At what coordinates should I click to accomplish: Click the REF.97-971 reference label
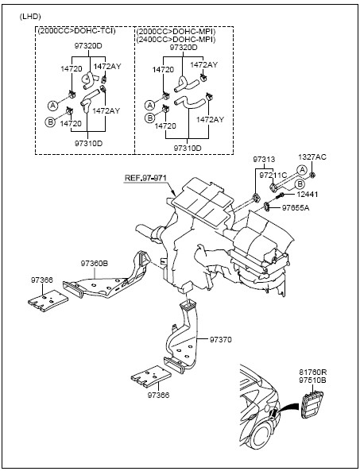[x=145, y=178]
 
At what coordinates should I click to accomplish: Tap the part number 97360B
[x=95, y=264]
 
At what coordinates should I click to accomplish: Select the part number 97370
[x=220, y=340]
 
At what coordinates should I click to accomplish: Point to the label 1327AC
[x=312, y=157]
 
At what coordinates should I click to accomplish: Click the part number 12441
[x=307, y=194]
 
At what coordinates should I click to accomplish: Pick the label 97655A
[x=296, y=208]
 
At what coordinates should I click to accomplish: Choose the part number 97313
[x=265, y=160]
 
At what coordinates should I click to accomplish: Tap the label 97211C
[x=273, y=176]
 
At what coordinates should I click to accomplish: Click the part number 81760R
[x=313, y=373]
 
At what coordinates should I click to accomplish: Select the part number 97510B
[x=313, y=380]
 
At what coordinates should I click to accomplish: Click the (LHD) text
[x=30, y=17]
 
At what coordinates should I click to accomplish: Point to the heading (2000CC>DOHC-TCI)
[x=76, y=31]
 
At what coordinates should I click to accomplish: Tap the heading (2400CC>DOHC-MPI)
[x=176, y=40]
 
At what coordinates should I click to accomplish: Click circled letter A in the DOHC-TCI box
[x=53, y=106]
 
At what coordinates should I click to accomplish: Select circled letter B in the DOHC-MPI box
[x=149, y=118]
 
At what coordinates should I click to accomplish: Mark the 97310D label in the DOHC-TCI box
[x=88, y=143]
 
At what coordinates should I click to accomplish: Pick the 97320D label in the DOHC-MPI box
[x=184, y=48]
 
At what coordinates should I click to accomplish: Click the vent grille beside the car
[x=312, y=404]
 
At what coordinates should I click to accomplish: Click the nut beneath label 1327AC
[x=313, y=175]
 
